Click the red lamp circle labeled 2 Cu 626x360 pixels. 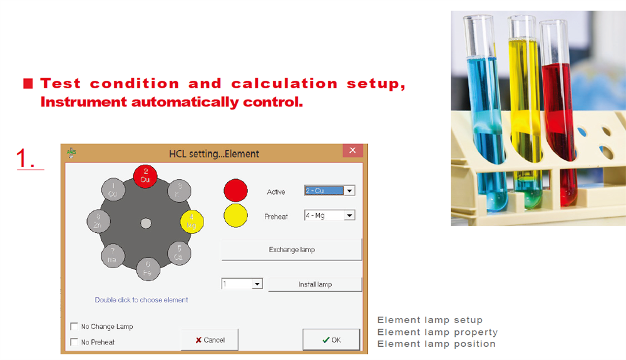tap(145, 176)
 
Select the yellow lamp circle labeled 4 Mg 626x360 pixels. tap(192, 222)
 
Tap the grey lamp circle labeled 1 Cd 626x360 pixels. tap(113, 190)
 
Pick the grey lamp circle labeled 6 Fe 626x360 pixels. tap(148, 269)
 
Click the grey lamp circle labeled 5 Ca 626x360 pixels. tap(179, 253)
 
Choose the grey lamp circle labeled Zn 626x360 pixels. tap(99, 221)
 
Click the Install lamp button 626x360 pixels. tap(315, 284)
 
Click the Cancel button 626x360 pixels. tap(210, 340)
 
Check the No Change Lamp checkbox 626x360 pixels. tap(74, 326)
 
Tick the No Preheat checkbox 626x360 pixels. tap(74, 342)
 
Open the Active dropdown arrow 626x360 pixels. tap(349, 191)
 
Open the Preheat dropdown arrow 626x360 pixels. tap(349, 215)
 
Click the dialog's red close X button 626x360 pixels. tap(352, 150)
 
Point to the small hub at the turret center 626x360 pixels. tap(146, 223)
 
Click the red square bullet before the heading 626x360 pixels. tap(28, 83)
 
